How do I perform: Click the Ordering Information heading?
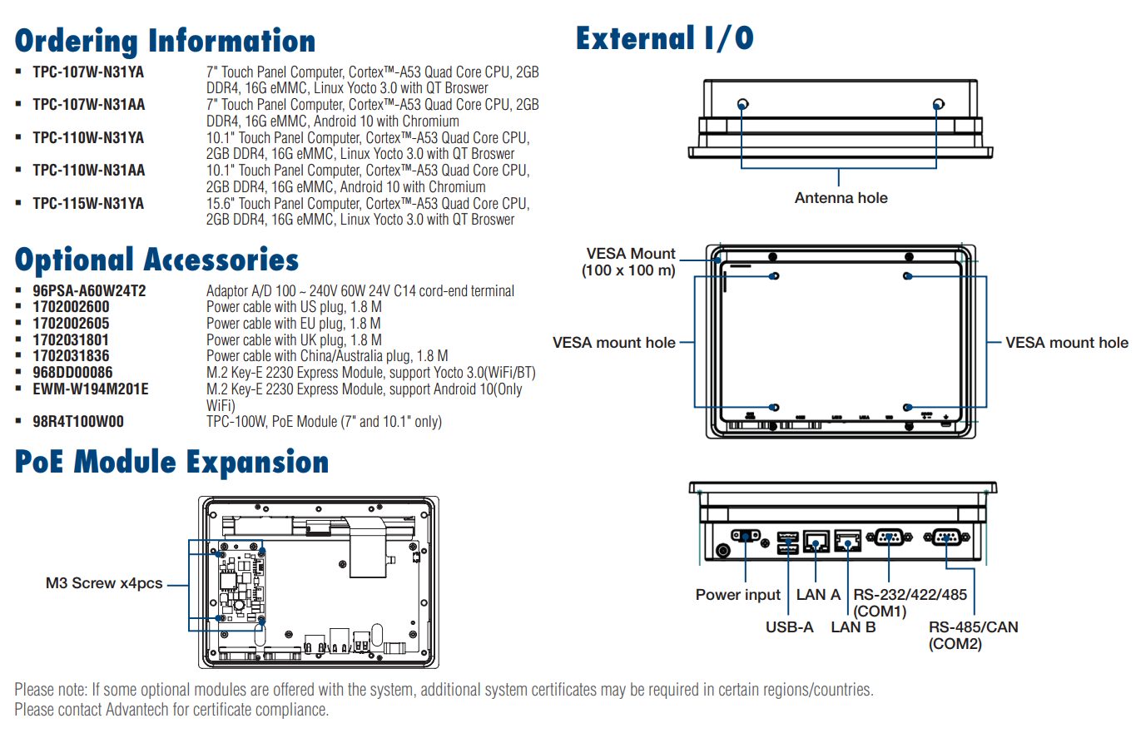(165, 40)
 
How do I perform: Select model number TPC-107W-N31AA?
(88, 105)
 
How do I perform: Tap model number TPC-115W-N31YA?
(88, 203)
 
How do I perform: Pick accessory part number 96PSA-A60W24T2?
(89, 291)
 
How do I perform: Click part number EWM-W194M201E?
(91, 389)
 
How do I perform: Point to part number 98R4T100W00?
(78, 422)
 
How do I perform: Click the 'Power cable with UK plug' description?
(294, 340)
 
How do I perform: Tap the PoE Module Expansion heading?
(171, 462)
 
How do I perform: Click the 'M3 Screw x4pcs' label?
(104, 583)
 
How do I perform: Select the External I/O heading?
(664, 38)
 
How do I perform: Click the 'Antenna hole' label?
(841, 198)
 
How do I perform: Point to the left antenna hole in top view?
(742, 104)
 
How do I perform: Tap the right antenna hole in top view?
(938, 104)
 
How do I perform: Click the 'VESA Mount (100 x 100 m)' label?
(629, 262)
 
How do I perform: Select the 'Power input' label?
(738, 595)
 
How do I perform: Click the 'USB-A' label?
(789, 627)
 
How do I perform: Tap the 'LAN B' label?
(853, 627)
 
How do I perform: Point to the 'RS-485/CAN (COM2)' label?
(973, 636)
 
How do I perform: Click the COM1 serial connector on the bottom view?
(887, 537)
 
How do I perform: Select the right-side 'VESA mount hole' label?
(1067, 342)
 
